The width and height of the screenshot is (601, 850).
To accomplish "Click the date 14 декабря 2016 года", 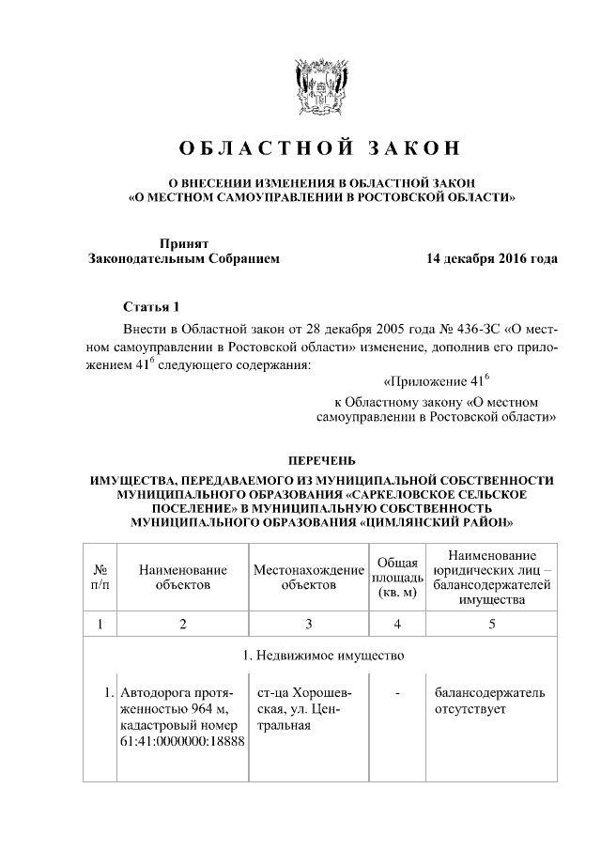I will coord(492,257).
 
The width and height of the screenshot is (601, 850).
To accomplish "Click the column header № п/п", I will coord(99,577).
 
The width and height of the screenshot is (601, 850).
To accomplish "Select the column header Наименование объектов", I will coord(182,577).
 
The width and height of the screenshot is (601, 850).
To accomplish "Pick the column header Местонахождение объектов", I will coord(308,577).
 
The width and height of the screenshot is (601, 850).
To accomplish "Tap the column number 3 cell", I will coord(308,624).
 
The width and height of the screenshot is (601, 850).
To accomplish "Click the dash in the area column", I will coord(397,693).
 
